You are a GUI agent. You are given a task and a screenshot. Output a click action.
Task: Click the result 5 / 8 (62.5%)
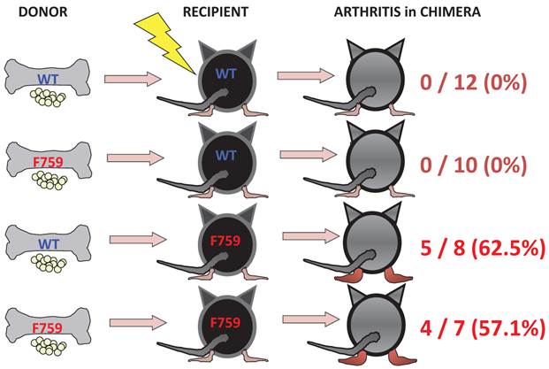coord(481,249)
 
